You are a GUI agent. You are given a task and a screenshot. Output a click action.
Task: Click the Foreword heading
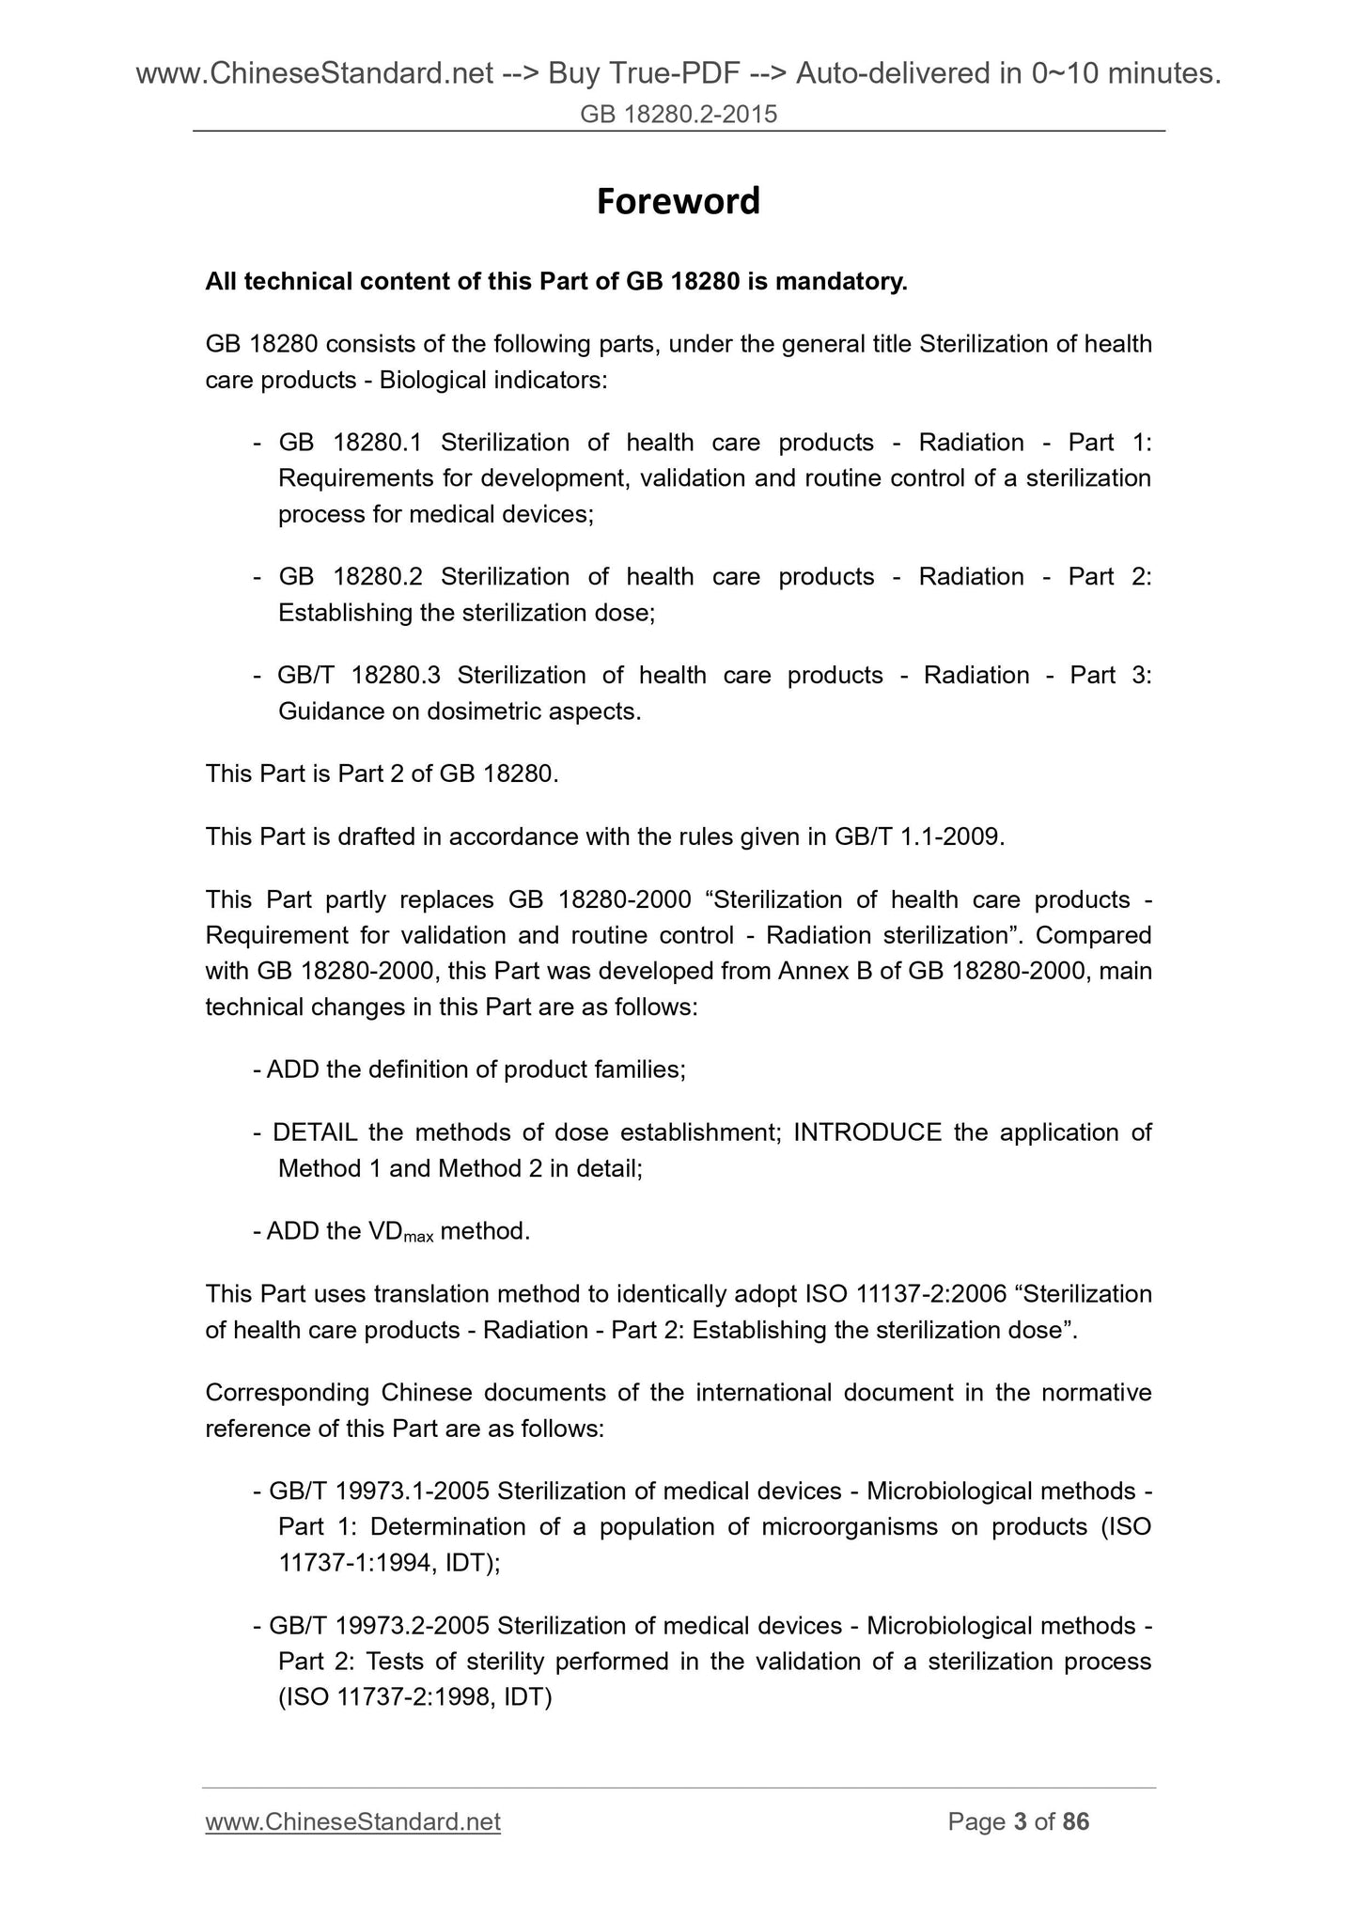pyautogui.click(x=678, y=201)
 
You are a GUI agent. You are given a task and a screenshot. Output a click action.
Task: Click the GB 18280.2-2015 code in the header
pyautogui.click(x=679, y=115)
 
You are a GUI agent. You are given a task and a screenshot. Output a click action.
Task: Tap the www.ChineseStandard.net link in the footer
pyautogui.click(x=352, y=1821)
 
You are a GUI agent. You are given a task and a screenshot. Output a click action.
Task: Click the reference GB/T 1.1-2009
pyautogui.click(x=918, y=836)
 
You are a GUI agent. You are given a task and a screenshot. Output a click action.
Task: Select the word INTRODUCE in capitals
pyautogui.click(x=867, y=1132)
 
